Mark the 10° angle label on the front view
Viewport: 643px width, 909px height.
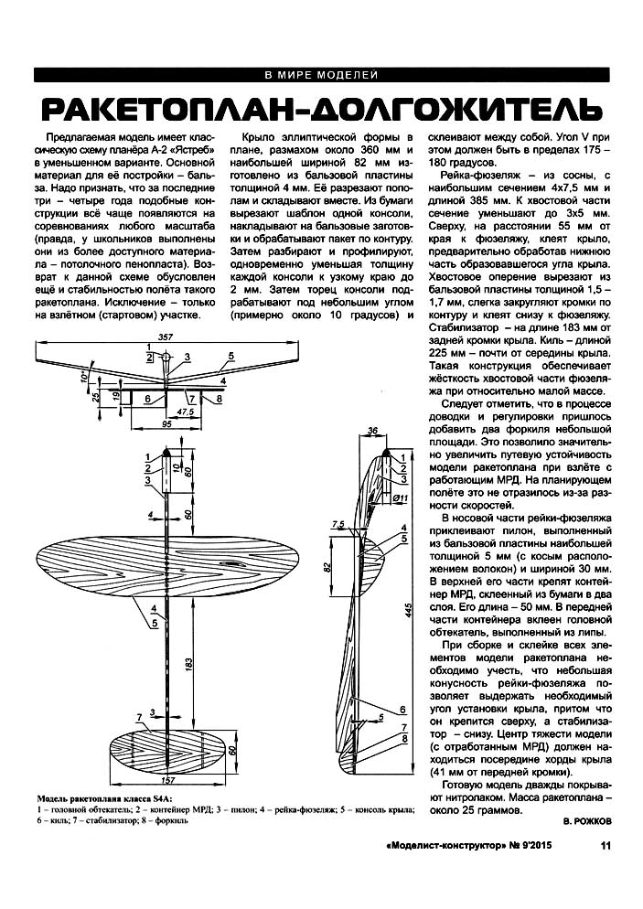83,376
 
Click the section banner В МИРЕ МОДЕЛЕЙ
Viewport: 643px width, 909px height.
321,75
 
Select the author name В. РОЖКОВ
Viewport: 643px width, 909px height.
589,821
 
